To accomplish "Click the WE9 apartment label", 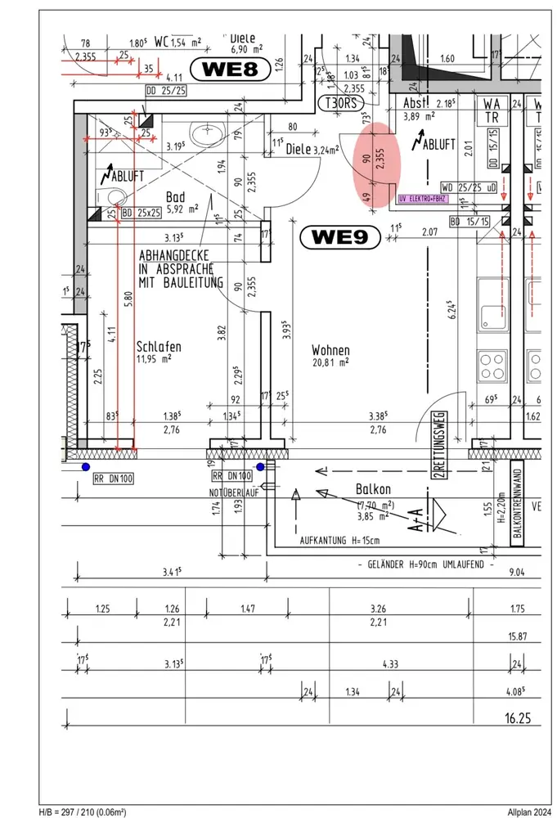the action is click(x=340, y=238).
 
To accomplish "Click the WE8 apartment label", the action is click(x=230, y=70).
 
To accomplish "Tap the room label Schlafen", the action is click(x=159, y=347).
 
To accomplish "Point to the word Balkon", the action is click(x=373, y=489).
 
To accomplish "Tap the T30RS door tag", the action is click(x=339, y=103).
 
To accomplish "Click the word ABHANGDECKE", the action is click(x=176, y=254).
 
